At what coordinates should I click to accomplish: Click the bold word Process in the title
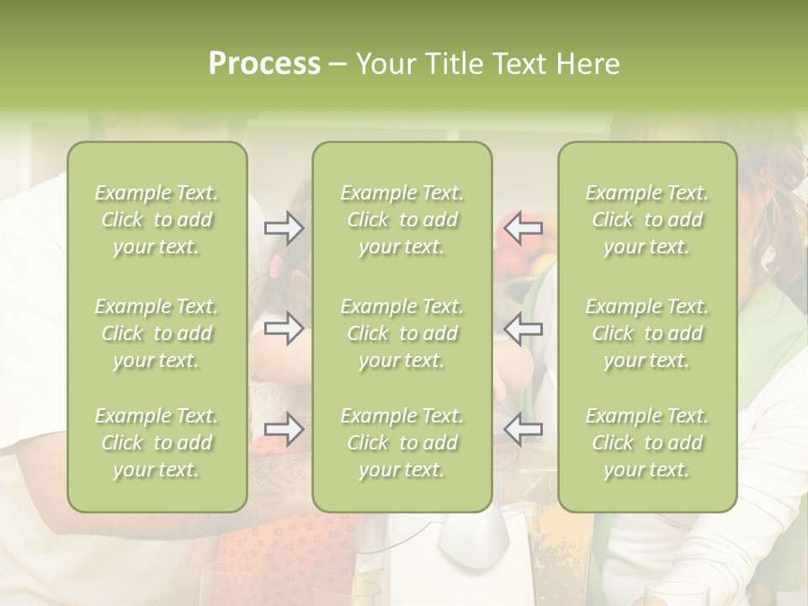coord(264,64)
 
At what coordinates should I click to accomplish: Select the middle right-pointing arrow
coord(284,328)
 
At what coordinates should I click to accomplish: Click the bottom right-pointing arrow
coord(284,429)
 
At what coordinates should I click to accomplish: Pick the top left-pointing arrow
coord(523,228)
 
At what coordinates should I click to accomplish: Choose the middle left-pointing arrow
coord(523,328)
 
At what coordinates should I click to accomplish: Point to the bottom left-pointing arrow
coord(523,429)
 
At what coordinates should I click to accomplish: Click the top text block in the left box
coord(157,220)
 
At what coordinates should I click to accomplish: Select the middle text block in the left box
coord(157,333)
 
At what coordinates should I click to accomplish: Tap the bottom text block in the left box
coord(157,443)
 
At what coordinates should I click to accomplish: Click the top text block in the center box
coord(402,220)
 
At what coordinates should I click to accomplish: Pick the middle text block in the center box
coord(402,333)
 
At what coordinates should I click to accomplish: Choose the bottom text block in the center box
coord(402,443)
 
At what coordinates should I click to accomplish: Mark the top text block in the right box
coord(647,220)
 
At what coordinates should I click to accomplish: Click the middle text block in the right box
coord(647,333)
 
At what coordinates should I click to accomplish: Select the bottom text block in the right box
coord(647,443)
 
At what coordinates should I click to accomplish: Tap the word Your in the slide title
coord(383,64)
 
